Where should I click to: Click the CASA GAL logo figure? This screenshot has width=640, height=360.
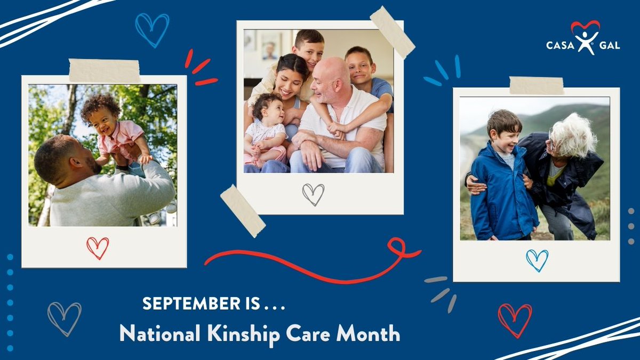585,41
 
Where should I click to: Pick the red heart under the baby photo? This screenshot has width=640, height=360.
98,247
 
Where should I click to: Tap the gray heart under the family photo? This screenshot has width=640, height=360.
313,194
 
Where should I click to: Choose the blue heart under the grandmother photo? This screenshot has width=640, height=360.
537,260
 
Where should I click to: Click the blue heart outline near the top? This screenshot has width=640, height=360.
152,29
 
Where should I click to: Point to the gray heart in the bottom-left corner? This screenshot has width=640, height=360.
65,318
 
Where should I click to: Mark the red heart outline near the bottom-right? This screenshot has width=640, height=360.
515,320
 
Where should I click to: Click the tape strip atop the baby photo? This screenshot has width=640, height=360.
105,70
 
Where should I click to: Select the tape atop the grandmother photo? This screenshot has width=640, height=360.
536,85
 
